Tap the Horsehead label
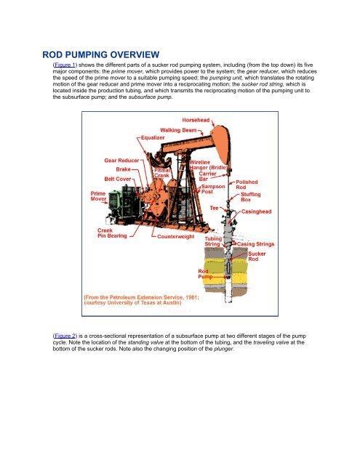pyautogui.click(x=198, y=119)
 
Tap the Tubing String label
pyautogui.click(x=215, y=241)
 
